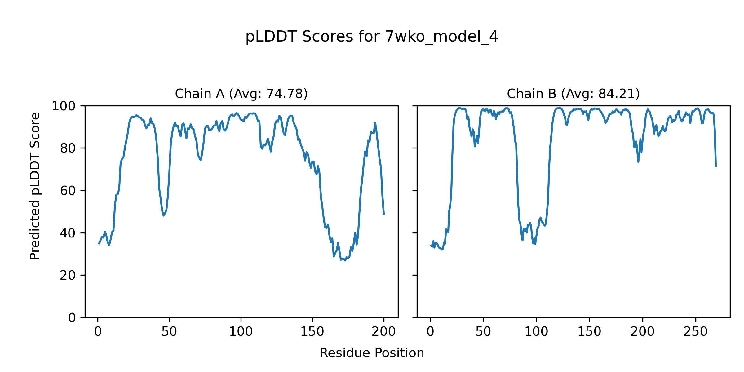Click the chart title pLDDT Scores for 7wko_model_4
372,37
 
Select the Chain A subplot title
241,94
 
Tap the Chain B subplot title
573,94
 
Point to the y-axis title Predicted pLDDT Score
35,186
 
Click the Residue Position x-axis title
372,353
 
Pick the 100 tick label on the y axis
64,106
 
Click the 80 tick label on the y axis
68,148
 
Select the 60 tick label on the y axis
68,191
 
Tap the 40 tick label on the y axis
68,233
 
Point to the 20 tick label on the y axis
68,275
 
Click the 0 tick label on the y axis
72,318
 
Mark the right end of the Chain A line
384,215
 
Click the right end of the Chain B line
716,166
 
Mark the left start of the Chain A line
99,244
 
